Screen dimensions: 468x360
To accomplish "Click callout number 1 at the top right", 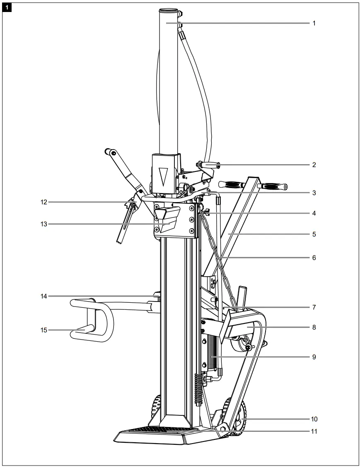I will pyautogui.click(x=314, y=24).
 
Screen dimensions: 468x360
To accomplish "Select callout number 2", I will pyautogui.click(x=314, y=164).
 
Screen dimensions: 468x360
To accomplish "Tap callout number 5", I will pyautogui.click(x=314, y=234).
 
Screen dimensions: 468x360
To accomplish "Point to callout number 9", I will pyautogui.click(x=314, y=356).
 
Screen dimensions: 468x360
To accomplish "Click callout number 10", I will pyautogui.click(x=314, y=419).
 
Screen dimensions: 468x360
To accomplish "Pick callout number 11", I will pyautogui.click(x=314, y=431).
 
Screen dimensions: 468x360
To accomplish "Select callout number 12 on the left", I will pyautogui.click(x=44, y=202).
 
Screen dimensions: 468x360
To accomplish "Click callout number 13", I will pyautogui.click(x=44, y=224).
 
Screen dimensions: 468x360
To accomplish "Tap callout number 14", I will pyautogui.click(x=44, y=296).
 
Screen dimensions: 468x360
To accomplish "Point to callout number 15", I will pyautogui.click(x=44, y=330).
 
